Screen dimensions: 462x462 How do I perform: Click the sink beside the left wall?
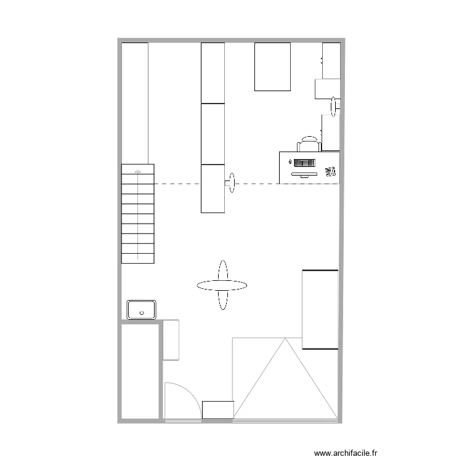pos(142,309)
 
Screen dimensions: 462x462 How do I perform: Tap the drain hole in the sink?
pos(142,313)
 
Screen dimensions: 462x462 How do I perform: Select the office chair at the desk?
pos(309,144)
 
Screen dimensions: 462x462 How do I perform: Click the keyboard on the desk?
pos(304,163)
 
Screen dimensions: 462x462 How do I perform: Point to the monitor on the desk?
pos(304,173)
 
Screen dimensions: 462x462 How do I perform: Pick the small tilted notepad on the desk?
pos(331,170)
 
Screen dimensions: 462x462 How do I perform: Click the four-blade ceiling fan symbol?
pos(222,285)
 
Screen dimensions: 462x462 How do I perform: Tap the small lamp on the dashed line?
pos(232,183)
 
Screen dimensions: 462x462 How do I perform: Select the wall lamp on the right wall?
pos(334,106)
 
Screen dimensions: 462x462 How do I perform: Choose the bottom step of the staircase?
pos(138,258)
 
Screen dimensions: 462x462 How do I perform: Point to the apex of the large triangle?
pos(285,339)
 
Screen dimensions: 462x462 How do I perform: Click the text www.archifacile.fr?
pos(345,453)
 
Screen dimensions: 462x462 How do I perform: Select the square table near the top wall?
pos(273,67)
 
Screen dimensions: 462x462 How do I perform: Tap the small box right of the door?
pos(217,410)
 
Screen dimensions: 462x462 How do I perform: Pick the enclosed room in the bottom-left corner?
pos(140,371)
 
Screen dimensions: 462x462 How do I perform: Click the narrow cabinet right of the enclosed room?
pos(171,339)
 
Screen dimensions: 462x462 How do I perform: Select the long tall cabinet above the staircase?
pos(135,102)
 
